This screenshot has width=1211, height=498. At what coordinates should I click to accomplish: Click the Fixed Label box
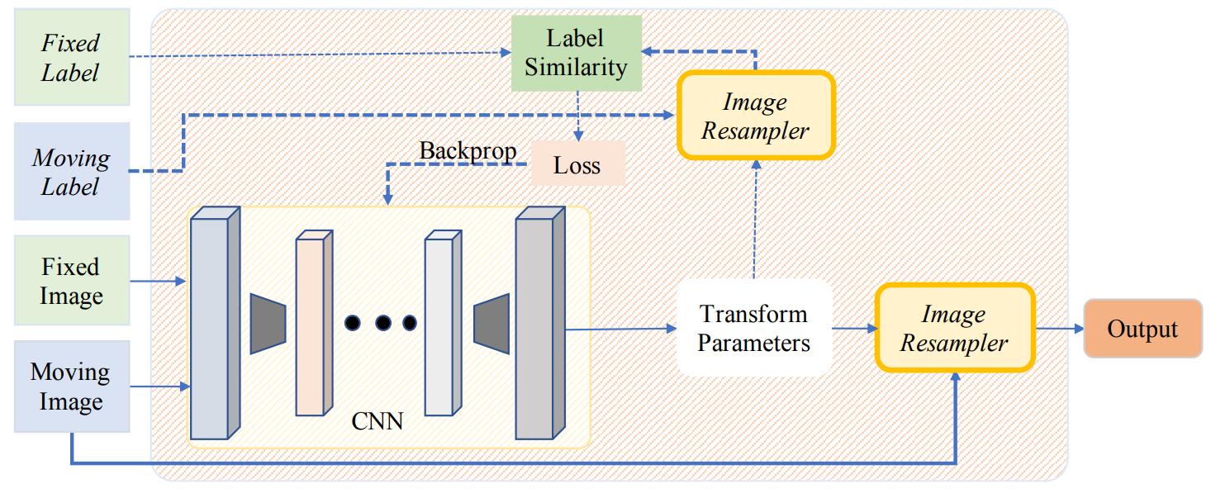coord(71,57)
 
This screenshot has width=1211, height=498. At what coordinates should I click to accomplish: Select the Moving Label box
coord(71,172)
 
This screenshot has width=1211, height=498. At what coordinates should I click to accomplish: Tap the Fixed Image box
coord(71,282)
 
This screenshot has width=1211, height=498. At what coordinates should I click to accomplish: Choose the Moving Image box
coord(71,387)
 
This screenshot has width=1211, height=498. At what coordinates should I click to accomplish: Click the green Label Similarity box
coord(576,53)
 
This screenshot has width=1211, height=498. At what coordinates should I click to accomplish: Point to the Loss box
coord(577,165)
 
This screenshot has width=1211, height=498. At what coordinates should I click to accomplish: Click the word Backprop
coord(468,151)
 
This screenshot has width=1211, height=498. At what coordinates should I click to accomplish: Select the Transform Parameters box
coord(753,328)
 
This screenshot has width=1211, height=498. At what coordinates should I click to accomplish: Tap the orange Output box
coord(1142,329)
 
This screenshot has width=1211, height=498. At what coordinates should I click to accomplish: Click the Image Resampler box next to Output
coord(954,329)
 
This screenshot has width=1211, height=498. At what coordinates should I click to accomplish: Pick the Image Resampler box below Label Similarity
coord(755,116)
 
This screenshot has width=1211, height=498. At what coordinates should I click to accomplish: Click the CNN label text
coord(378,421)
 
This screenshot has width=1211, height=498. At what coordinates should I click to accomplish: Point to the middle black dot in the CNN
coord(383,323)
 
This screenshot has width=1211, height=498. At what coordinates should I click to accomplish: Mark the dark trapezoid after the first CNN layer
coord(268,322)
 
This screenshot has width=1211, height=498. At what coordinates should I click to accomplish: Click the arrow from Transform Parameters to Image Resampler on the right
coord(854,329)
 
